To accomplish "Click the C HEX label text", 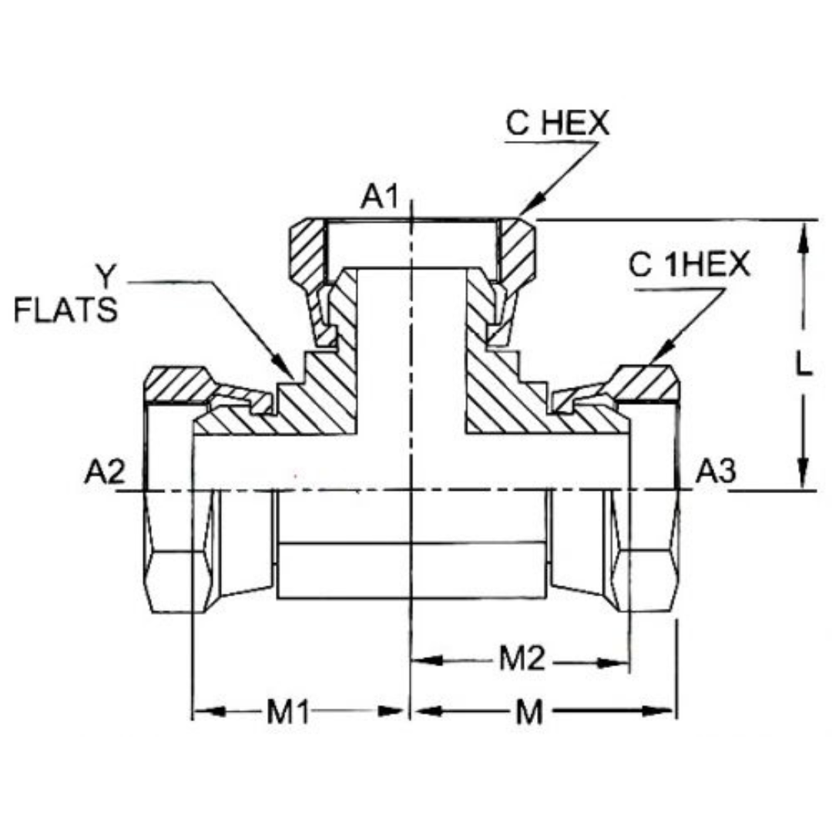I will click(x=557, y=123).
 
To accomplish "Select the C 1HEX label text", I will click(x=689, y=266).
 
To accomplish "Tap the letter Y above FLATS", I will click(x=106, y=275).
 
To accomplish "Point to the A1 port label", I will click(x=380, y=198).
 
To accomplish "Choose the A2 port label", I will click(x=104, y=472).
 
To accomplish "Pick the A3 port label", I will click(x=716, y=471).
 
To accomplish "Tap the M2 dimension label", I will click(x=522, y=659).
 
